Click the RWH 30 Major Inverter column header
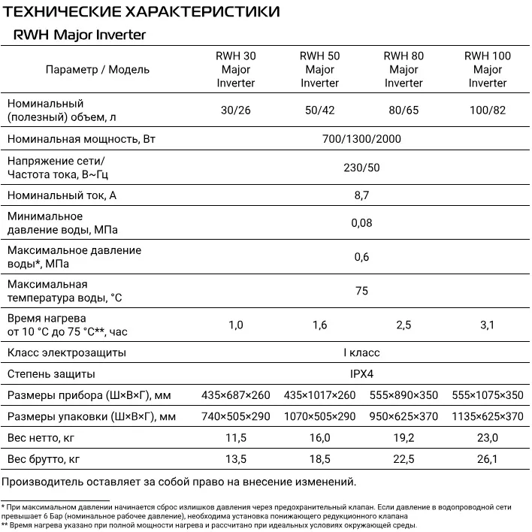tap(236, 69)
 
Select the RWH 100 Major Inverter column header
tap(488, 69)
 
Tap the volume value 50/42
tap(320, 110)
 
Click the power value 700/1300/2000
tap(361, 139)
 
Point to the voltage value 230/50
tap(361, 168)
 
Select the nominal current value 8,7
tap(361, 196)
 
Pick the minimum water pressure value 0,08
tap(361, 222)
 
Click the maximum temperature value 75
tap(361, 291)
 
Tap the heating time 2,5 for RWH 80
tap(404, 325)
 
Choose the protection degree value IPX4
tap(361, 373)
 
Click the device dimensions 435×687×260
tap(236, 395)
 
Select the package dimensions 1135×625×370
tap(488, 416)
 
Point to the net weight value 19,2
tap(404, 437)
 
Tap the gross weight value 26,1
tap(488, 459)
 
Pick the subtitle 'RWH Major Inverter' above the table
tap(79, 35)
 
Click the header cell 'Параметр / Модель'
tap(98, 69)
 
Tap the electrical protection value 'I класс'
tap(361, 352)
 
